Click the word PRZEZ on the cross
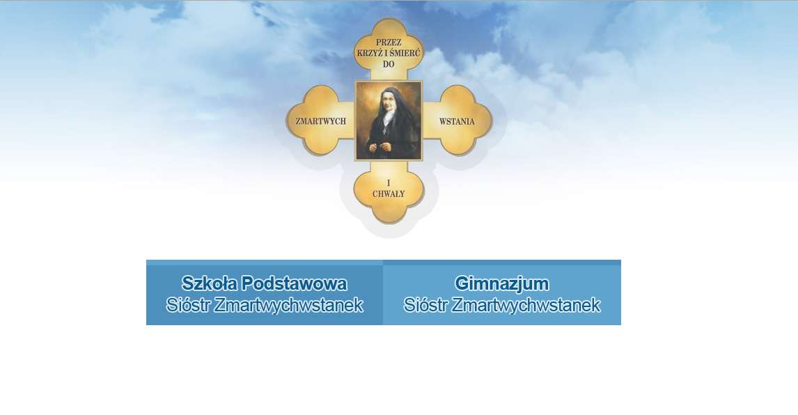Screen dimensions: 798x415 (x=389, y=42)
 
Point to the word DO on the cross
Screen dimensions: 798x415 (x=389, y=64)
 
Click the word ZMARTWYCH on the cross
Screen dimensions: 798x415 (x=320, y=121)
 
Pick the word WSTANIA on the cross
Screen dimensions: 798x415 (x=457, y=122)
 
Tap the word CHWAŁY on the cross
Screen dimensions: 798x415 (x=389, y=194)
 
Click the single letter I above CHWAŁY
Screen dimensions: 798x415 (x=389, y=183)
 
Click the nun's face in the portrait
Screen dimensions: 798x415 (x=385, y=101)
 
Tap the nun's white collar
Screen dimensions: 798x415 (x=389, y=116)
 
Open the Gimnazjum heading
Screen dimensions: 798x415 (x=502, y=283)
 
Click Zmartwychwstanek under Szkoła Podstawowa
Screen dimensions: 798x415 (x=288, y=305)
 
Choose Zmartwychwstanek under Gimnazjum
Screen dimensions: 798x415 (x=526, y=305)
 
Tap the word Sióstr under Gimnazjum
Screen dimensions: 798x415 (x=425, y=305)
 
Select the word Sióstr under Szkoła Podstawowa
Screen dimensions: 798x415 (x=188, y=305)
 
